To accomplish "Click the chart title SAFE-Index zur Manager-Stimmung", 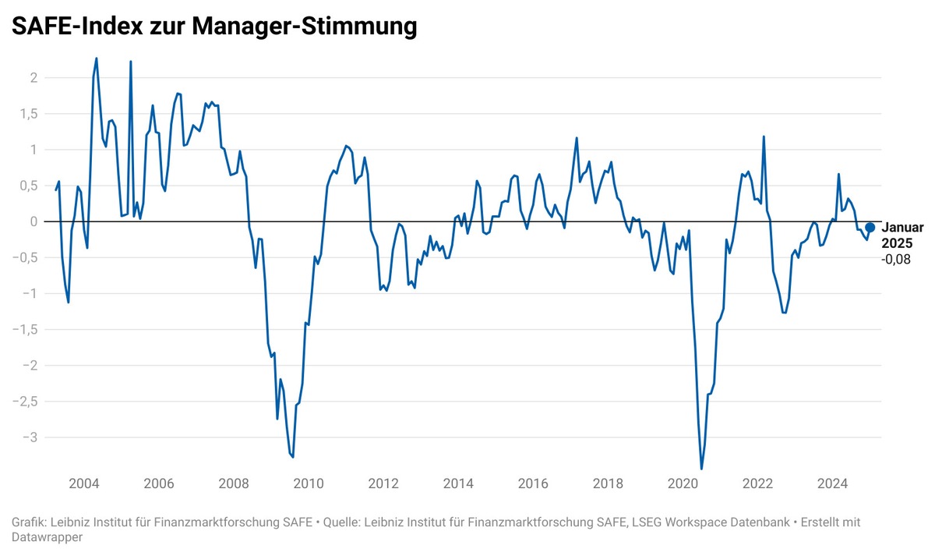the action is click(x=214, y=27).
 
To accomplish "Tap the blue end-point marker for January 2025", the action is click(x=870, y=227).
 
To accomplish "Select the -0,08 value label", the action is click(x=896, y=260).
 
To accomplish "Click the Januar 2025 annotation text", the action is click(x=902, y=236).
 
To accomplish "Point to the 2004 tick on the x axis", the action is click(x=84, y=483).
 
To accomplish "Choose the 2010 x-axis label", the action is click(x=309, y=483).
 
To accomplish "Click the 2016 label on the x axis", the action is click(x=533, y=483).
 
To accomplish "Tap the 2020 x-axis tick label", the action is click(x=683, y=483).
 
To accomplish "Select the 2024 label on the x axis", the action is click(x=832, y=483).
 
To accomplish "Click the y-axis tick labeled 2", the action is click(x=34, y=77).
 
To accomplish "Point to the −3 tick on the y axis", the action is click(x=30, y=437).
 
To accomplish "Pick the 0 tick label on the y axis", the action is click(x=34, y=221).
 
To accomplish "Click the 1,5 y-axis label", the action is click(x=29, y=114).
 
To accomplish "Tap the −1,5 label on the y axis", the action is click(x=25, y=330).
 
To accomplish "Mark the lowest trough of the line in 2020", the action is click(x=701, y=469).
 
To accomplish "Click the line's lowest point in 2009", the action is click(x=293, y=457).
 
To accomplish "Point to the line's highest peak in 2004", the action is click(x=97, y=58).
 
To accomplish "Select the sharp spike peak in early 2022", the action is click(x=764, y=136).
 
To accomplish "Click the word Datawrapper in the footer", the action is click(x=47, y=537).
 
